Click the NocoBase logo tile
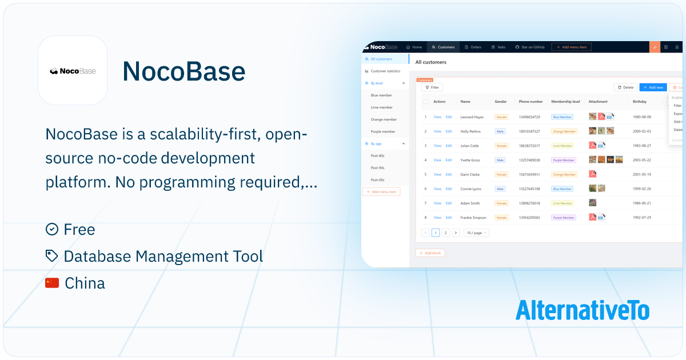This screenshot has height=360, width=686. tap(73, 70)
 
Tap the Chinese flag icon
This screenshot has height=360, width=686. tap(52, 283)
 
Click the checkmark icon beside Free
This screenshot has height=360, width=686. tap(51, 229)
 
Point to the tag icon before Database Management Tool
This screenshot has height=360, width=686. tap(51, 256)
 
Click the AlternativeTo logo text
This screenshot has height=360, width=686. tap(582, 310)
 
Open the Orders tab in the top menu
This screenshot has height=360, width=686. tap(473, 47)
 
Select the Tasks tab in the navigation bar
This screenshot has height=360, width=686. tap(498, 47)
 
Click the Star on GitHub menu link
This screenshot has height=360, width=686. tap(530, 47)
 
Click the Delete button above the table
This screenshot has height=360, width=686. tap(625, 87)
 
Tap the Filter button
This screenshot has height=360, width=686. tap(432, 87)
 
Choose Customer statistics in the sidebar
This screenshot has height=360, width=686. tap(385, 71)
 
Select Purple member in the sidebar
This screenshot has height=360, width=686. tap(383, 131)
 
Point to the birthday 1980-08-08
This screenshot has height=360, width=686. tap(642, 117)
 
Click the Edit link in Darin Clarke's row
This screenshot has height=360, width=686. tap(449, 174)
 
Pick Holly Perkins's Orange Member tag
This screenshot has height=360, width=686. tap(564, 131)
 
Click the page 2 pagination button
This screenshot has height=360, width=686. tap(445, 233)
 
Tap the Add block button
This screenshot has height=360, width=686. tap(430, 253)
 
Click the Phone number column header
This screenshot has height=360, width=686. tap(531, 102)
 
